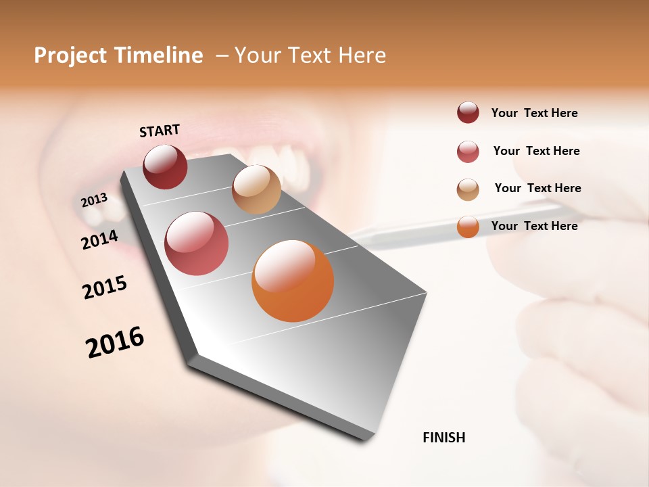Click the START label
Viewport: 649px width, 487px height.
(x=160, y=131)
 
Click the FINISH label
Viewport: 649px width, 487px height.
(x=444, y=438)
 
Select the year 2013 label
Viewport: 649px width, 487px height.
(x=94, y=200)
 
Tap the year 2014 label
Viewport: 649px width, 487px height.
(x=99, y=239)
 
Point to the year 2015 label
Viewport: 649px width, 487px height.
(x=105, y=287)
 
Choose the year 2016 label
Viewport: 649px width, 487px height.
(x=115, y=342)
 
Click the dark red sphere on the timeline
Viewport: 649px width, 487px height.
(x=165, y=166)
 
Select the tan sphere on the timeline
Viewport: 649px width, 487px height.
(x=256, y=189)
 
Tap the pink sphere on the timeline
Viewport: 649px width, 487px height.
(x=197, y=243)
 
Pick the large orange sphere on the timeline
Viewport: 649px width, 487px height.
(x=293, y=281)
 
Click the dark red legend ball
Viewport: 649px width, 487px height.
(x=468, y=113)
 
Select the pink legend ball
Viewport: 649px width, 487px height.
(x=468, y=152)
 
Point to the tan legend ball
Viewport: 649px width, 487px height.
(x=468, y=189)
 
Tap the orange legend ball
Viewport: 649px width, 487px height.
(x=468, y=227)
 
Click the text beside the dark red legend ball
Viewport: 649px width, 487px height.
(x=534, y=114)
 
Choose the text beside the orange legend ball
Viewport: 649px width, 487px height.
(x=534, y=226)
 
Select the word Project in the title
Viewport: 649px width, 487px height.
(x=70, y=56)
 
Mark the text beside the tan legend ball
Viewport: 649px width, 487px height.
(x=537, y=188)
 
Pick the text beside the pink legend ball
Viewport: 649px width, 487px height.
(x=536, y=151)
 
